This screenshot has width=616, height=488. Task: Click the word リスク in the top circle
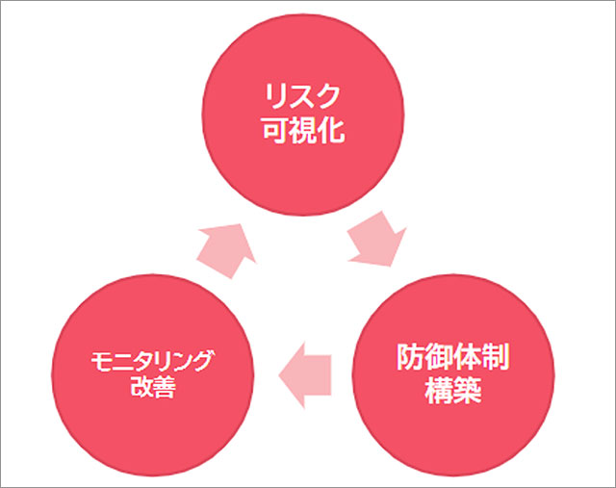(x=303, y=97)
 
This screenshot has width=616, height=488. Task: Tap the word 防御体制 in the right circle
(x=453, y=358)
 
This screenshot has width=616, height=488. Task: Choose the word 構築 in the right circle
(x=453, y=392)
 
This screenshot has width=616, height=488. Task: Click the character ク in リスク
(x=330, y=97)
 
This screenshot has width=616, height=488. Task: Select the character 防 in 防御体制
(x=409, y=358)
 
